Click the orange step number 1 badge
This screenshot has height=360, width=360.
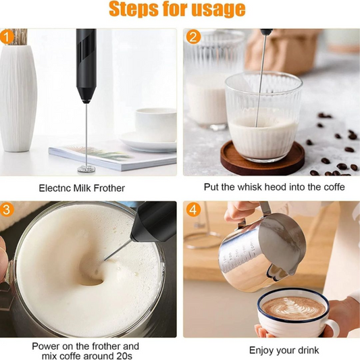click(7, 36)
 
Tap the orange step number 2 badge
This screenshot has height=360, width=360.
click(193, 37)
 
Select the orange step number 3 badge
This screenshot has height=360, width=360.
click(7, 209)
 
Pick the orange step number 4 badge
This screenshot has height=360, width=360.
click(192, 210)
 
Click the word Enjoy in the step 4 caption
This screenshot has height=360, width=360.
click(263, 350)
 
